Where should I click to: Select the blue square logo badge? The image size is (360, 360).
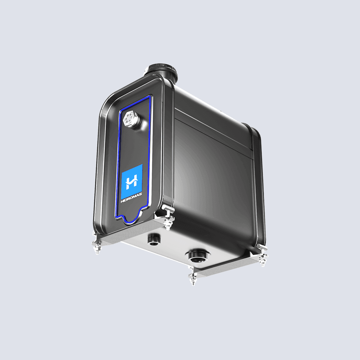click(132, 182)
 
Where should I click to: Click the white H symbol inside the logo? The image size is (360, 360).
click(132, 181)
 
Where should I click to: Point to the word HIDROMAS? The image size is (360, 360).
click(131, 198)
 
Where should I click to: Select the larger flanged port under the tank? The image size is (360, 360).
click(198, 256)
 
